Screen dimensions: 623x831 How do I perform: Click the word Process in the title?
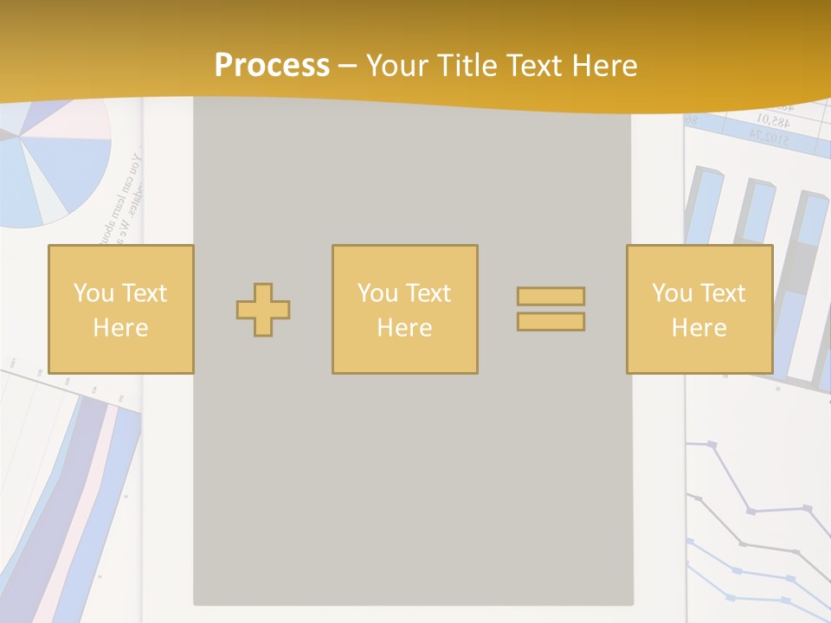272,66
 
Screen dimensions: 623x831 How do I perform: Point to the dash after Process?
347,67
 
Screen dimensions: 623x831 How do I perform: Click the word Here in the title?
602,66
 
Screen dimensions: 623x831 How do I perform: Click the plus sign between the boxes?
263,310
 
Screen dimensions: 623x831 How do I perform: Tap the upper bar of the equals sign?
551,297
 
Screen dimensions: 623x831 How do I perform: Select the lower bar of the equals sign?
551,321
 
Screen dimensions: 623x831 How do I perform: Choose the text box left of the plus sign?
120,309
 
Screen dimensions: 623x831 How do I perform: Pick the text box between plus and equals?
404,309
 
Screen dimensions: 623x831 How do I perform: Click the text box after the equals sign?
699,309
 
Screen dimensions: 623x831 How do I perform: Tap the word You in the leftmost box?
93,293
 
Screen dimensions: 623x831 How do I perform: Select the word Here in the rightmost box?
699,328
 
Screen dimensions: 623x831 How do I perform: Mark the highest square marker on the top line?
712,445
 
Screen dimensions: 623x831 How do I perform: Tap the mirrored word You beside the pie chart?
135,164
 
